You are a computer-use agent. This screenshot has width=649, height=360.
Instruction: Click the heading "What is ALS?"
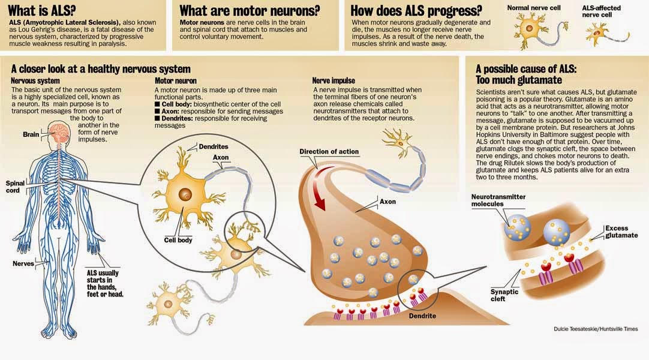tap(42, 10)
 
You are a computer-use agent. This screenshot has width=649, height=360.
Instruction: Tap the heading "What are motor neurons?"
tap(250, 10)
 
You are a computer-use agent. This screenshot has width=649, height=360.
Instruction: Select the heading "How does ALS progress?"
tap(416, 10)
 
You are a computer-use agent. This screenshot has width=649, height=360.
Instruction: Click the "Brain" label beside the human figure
tap(31, 134)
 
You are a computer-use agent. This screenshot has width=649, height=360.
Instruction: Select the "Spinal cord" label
tap(16, 187)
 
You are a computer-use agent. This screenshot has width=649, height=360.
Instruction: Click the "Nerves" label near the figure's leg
tap(23, 263)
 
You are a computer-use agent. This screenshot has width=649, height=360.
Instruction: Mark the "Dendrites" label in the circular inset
tap(213, 146)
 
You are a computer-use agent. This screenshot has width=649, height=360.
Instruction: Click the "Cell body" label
tap(178, 240)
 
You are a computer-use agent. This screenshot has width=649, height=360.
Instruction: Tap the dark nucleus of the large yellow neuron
tap(185, 194)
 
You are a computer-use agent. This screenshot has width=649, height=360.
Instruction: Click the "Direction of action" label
tap(329, 152)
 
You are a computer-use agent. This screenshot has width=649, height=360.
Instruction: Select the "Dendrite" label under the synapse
tap(422, 316)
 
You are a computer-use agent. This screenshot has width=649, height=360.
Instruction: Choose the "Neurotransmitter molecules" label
tap(498, 200)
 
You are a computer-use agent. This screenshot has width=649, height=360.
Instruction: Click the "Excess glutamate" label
tap(621, 232)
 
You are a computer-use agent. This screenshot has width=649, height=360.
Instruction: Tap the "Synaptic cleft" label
tap(504, 295)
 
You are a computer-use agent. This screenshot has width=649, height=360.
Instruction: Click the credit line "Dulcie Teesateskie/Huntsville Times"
tap(596, 329)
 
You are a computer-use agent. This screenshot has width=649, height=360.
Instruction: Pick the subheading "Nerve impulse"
tap(333, 80)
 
